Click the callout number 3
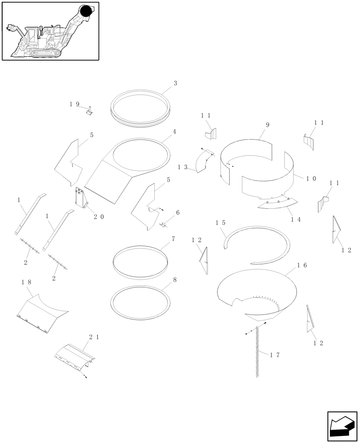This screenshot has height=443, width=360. (x=175, y=83)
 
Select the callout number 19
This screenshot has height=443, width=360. (x=74, y=104)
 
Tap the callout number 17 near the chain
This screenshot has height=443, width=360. (x=275, y=354)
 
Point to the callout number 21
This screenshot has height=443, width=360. (x=94, y=337)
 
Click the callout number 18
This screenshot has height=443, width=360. (x=26, y=282)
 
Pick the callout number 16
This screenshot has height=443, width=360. (x=302, y=265)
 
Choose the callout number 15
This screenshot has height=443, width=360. (x=221, y=223)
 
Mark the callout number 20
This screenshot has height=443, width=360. (x=99, y=217)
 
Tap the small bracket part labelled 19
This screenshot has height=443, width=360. (x=89, y=112)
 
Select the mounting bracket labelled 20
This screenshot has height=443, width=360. (x=81, y=198)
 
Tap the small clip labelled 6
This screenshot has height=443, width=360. (x=163, y=224)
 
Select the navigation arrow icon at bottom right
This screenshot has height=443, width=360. (x=342, y=426)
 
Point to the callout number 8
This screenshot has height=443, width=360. (x=175, y=280)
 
